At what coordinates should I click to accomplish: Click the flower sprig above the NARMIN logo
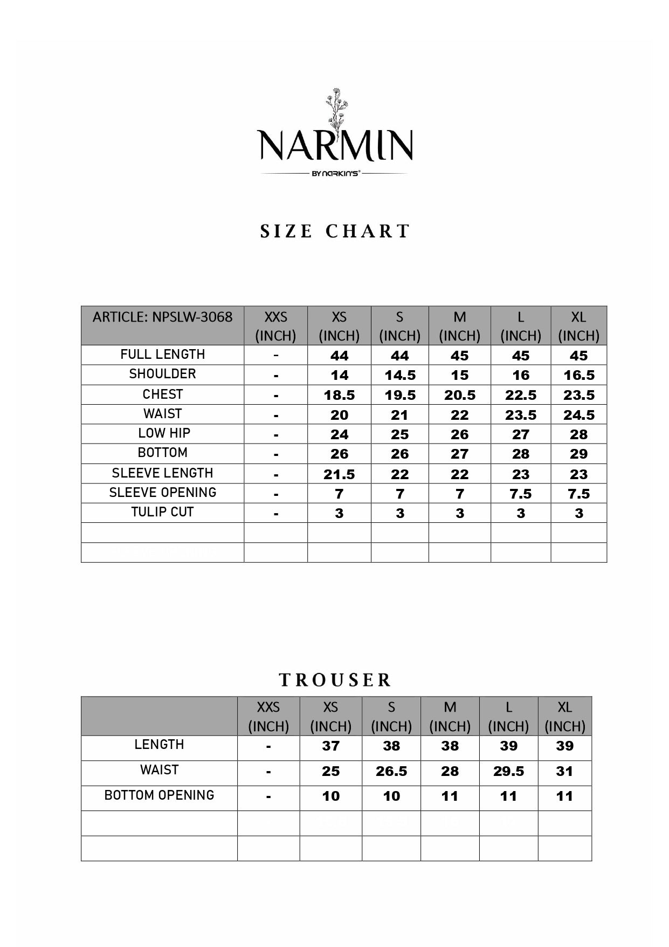[335, 111]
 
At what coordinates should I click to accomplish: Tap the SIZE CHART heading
[335, 231]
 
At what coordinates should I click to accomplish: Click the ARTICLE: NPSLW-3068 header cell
[162, 317]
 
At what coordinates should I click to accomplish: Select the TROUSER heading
[335, 680]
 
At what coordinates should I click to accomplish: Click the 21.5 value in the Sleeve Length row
[339, 474]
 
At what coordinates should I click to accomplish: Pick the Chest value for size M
[459, 395]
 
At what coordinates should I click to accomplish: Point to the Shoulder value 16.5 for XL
[578, 375]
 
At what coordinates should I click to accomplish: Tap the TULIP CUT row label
[162, 512]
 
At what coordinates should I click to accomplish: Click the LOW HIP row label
[164, 433]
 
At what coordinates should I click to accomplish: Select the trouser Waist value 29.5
[508, 771]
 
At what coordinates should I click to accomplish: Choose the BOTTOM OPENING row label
[159, 795]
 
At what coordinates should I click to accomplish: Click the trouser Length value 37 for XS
[330, 746]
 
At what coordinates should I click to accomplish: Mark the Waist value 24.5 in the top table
[578, 415]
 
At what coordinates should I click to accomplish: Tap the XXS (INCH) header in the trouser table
[268, 716]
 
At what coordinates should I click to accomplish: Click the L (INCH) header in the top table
[520, 326]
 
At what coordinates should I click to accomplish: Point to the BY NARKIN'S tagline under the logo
[335, 174]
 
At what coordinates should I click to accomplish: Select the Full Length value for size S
[399, 356]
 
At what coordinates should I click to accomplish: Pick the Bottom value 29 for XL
[578, 454]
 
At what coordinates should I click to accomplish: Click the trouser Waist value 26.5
[391, 771]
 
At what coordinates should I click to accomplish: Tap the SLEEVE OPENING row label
[162, 493]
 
